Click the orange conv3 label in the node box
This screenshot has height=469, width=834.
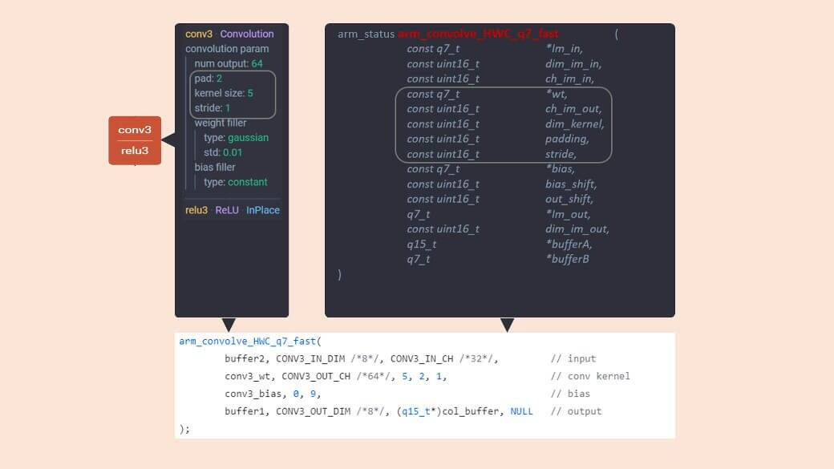tap(135, 130)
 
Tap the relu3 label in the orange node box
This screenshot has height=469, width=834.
tap(135, 151)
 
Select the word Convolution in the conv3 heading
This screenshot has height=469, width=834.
tap(247, 34)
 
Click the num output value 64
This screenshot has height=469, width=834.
tap(257, 63)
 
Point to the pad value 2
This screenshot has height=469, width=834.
tap(219, 79)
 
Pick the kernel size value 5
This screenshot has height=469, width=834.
tap(250, 93)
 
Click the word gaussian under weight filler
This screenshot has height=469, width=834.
tap(248, 138)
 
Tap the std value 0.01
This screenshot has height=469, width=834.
tap(233, 152)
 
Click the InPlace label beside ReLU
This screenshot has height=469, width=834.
tap(263, 210)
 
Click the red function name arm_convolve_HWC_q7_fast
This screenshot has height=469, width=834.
tap(478, 34)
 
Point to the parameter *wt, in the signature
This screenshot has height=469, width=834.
tap(557, 94)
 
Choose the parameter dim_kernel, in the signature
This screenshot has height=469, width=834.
tap(575, 123)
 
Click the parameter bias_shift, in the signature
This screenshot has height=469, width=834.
tap(571, 184)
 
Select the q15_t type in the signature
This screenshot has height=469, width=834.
tap(422, 244)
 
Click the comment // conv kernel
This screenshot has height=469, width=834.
tap(590, 376)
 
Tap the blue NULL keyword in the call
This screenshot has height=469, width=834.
tap(521, 411)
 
